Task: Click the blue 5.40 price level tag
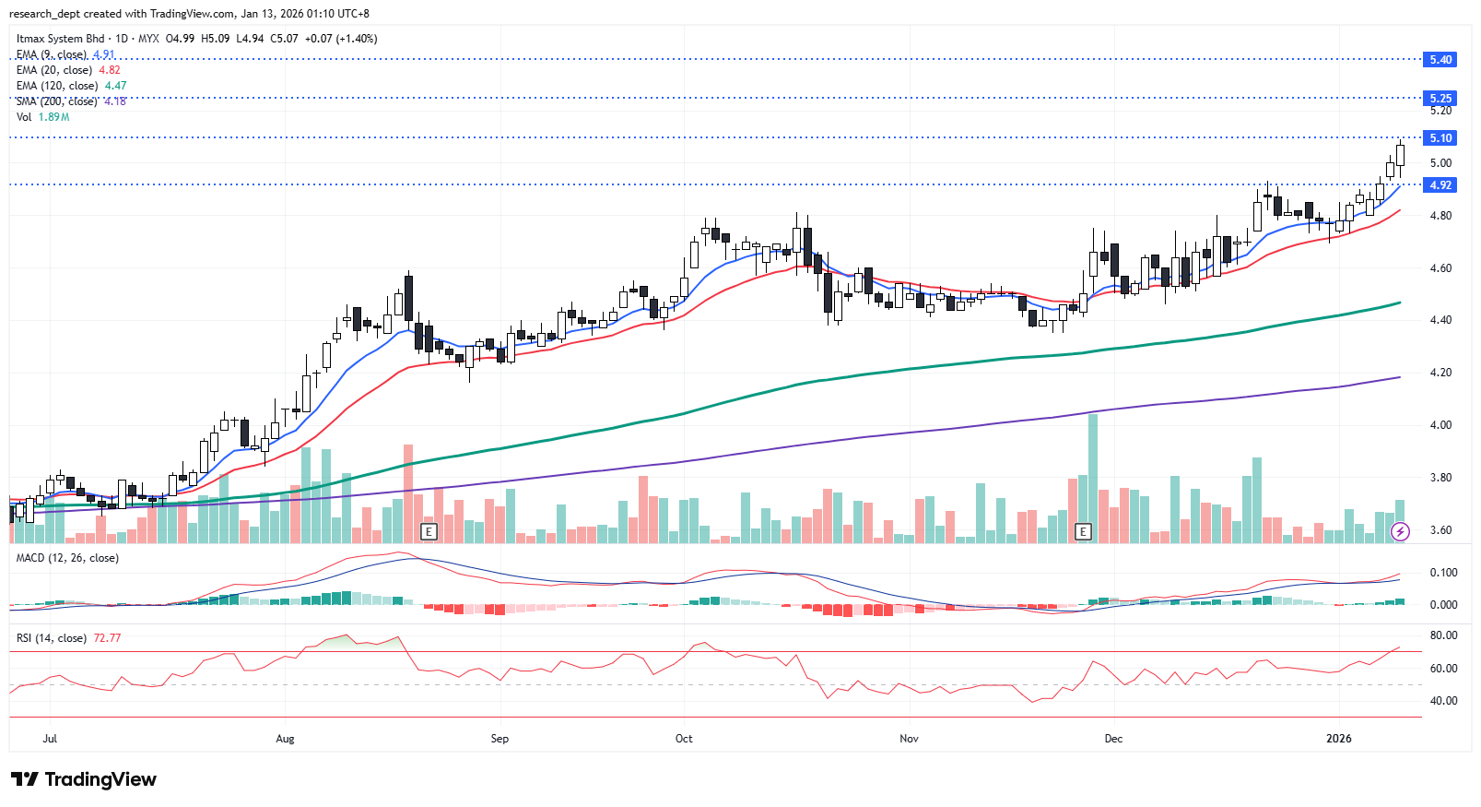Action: point(1440,60)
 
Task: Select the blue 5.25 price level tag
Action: point(1440,98)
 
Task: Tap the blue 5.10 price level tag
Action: point(1440,138)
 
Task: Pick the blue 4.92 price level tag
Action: point(1440,185)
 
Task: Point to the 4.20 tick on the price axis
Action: point(1440,373)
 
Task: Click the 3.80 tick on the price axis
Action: point(1440,478)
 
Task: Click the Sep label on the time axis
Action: point(500,739)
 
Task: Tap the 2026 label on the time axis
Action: point(1338,739)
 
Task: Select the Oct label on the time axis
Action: point(684,739)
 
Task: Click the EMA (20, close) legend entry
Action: point(54,70)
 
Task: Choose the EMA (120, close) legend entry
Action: point(57,86)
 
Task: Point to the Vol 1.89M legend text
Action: point(42,117)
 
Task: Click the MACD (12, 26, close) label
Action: point(67,558)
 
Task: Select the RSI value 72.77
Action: point(107,638)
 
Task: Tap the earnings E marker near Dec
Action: point(1083,531)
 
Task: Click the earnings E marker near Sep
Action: point(428,531)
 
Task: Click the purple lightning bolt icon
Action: point(1400,531)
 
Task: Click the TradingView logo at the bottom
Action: point(85,780)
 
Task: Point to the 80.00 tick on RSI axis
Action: point(1443,635)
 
